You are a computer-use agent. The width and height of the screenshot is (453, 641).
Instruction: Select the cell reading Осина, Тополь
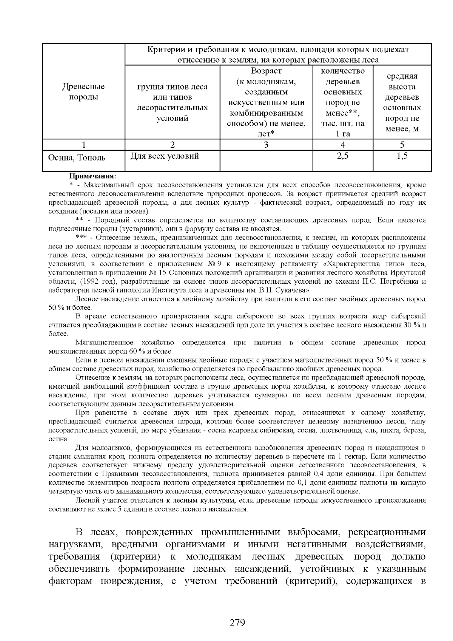pyautogui.click(x=77, y=158)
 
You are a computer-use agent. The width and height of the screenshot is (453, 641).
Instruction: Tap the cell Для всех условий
pyautogui.click(x=165, y=156)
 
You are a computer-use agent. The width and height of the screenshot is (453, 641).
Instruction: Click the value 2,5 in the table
pyautogui.click(x=342, y=155)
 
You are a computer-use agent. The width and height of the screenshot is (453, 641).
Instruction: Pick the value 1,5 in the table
pyautogui.click(x=402, y=155)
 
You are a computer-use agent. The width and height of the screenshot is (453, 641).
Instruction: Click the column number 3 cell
pyautogui.click(x=266, y=145)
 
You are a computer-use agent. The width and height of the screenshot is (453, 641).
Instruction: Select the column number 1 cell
pyautogui.click(x=83, y=145)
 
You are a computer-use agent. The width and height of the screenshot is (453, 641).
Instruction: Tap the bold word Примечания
pyautogui.click(x=92, y=176)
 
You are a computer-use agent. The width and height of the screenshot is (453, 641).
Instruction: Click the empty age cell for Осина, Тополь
pyautogui.click(x=266, y=161)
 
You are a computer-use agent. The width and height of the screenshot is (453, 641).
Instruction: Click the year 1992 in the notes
pyautogui.click(x=91, y=281)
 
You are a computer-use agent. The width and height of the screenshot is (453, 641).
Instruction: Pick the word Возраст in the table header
pyautogui.click(x=266, y=71)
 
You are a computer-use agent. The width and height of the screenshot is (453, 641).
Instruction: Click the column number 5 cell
pyautogui.click(x=402, y=145)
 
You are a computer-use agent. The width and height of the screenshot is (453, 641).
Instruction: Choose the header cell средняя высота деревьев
pyautogui.click(x=402, y=102)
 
